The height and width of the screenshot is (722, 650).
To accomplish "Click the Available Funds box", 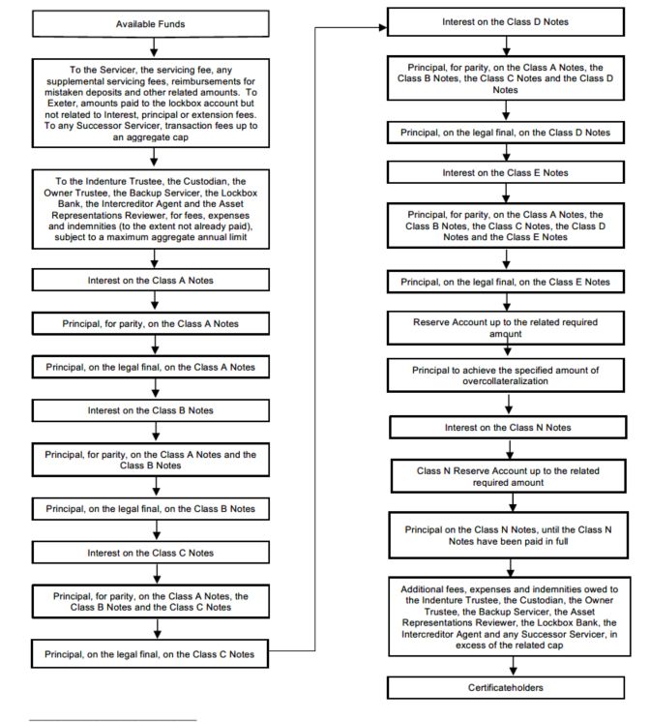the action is (x=151, y=24).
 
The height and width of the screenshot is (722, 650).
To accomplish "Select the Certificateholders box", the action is (x=506, y=687).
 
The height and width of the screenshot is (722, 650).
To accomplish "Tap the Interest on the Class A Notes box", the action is (x=151, y=280).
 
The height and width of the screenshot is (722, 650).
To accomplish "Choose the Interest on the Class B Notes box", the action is (x=151, y=410).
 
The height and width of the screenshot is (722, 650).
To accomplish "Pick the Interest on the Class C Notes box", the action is (x=151, y=553).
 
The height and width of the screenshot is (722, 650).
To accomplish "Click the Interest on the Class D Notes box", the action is (x=506, y=21).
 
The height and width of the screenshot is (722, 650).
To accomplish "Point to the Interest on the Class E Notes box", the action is (x=506, y=172).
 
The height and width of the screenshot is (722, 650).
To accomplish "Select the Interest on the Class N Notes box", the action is (x=508, y=428).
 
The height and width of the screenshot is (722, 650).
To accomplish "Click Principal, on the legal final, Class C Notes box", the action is (x=150, y=654).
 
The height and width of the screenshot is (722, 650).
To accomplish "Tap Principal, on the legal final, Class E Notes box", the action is (x=506, y=282).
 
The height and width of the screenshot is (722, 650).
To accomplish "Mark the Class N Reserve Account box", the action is (x=508, y=476).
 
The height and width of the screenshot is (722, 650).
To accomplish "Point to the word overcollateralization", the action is (x=506, y=381).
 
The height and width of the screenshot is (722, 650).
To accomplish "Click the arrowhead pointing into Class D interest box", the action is (x=383, y=28).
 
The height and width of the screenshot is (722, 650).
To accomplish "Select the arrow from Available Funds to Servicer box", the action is (x=154, y=47).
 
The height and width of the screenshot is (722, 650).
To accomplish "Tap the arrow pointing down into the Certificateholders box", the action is (x=513, y=666).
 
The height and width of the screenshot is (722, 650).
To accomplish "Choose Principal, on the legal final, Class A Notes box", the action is (x=151, y=367).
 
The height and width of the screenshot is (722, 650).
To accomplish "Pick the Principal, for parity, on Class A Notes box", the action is (x=151, y=323).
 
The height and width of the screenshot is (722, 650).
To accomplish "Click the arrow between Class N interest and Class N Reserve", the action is (x=510, y=449).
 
